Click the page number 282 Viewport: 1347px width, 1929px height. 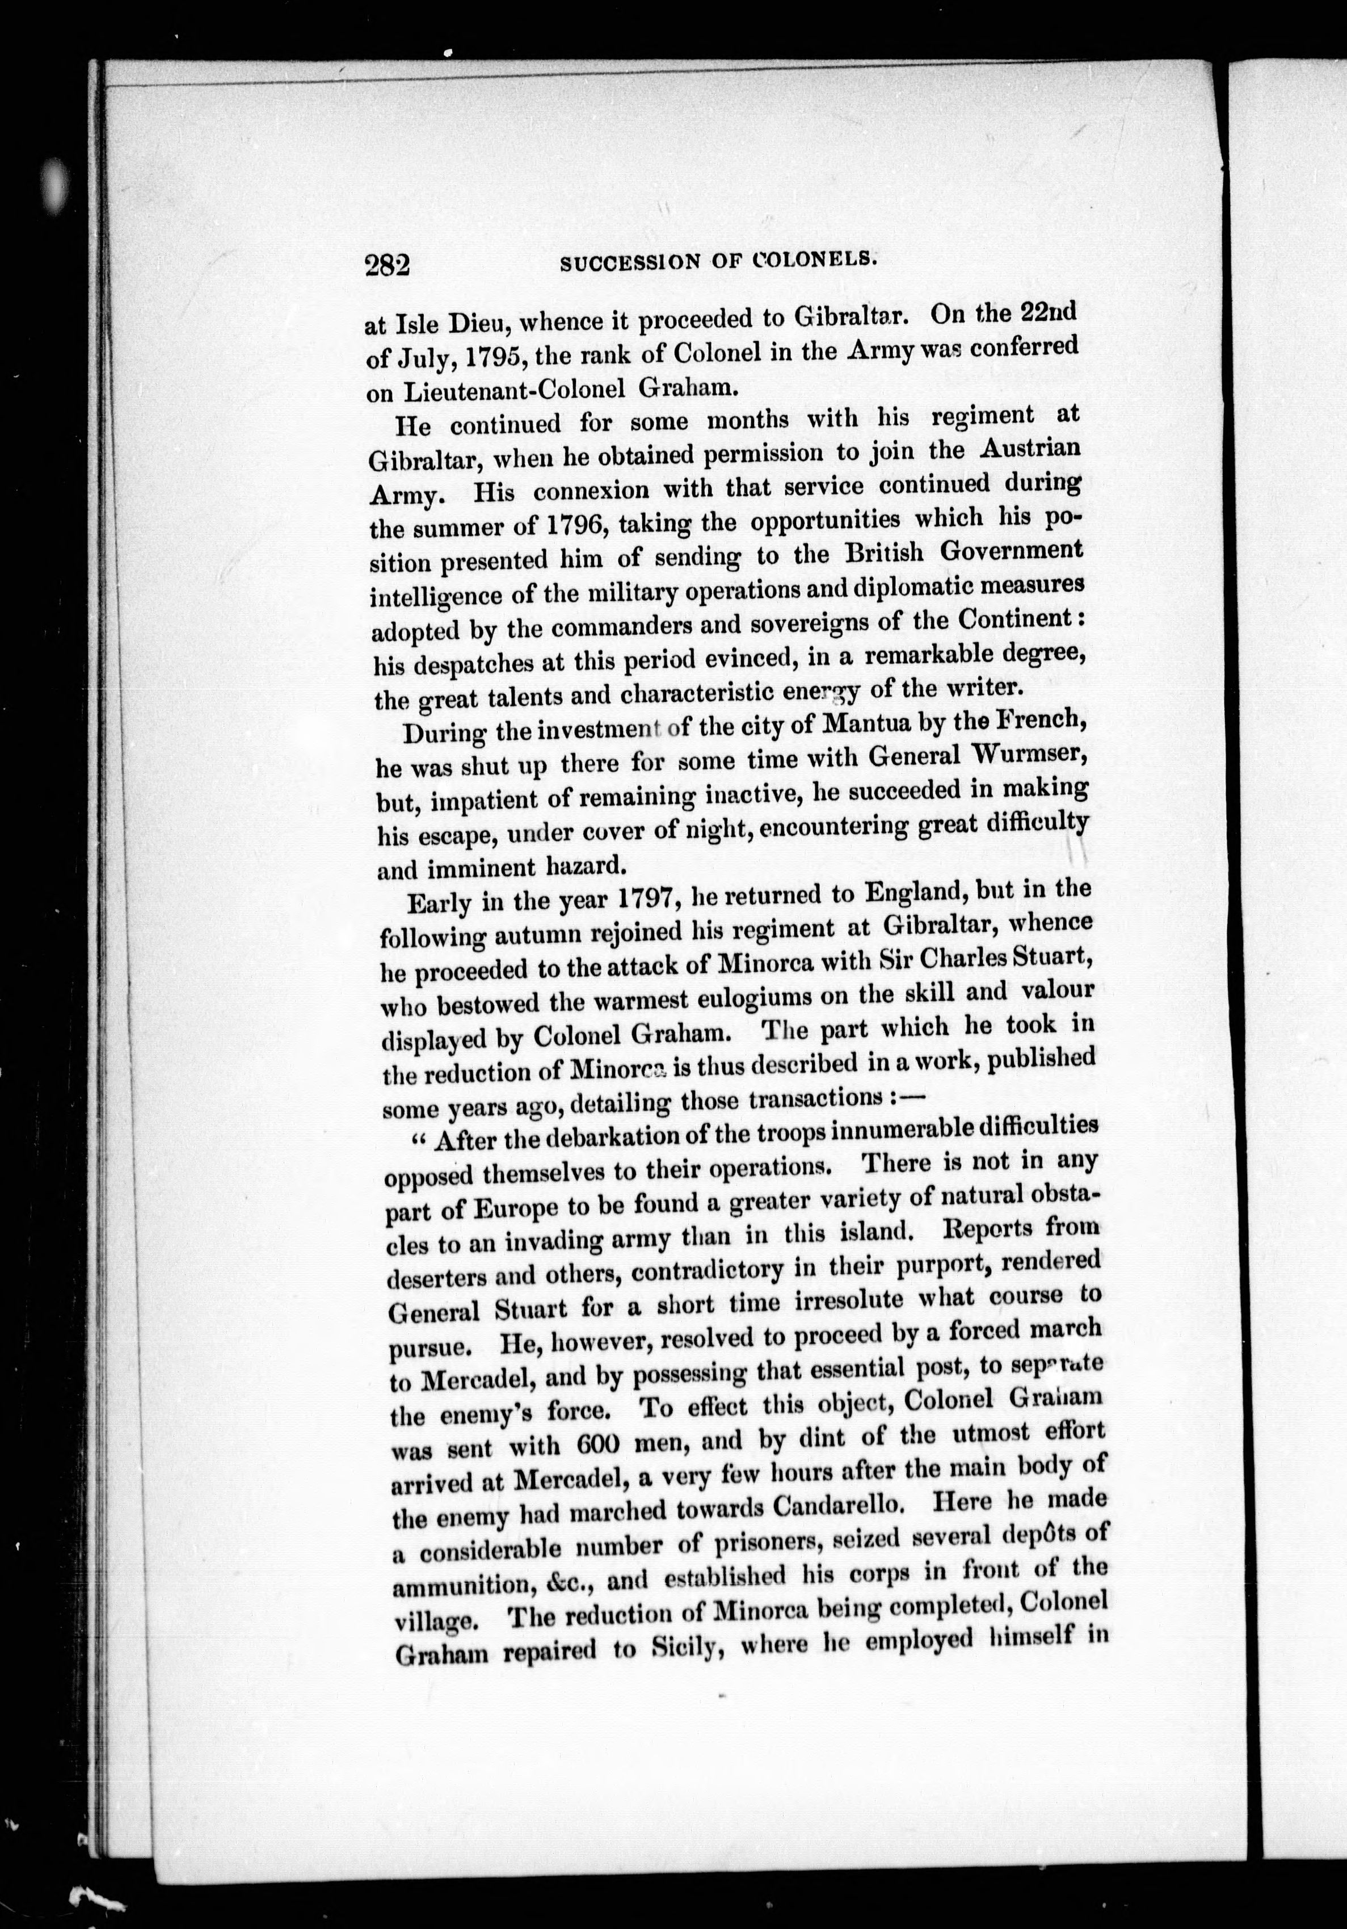[386, 266]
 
